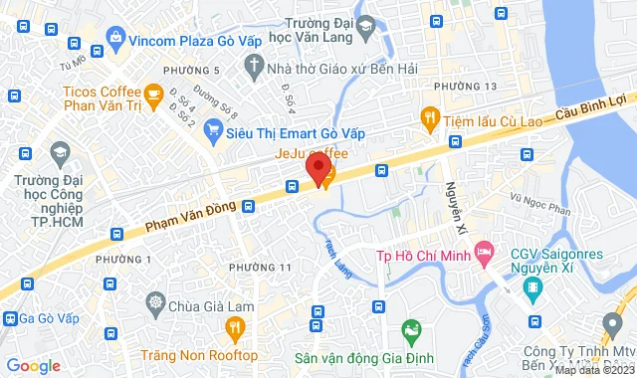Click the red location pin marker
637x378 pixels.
[x=317, y=167]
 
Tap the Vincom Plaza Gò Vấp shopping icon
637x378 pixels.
[x=116, y=39]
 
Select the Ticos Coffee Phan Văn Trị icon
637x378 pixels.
[x=152, y=94]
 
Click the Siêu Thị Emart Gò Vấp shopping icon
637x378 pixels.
[x=213, y=129]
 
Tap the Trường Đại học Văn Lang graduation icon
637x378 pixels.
[x=366, y=24]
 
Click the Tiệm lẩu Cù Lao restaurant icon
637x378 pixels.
[x=430, y=117]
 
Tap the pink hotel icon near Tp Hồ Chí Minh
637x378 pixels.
[x=484, y=253]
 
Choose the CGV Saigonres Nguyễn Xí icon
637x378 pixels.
[x=534, y=289]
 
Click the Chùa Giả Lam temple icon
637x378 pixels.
[x=155, y=301]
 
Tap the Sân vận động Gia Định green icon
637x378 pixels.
[x=409, y=328]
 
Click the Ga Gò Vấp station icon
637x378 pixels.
[x=12, y=318]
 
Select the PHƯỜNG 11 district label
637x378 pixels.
[x=260, y=267]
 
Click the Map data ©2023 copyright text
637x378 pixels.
[x=594, y=370]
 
